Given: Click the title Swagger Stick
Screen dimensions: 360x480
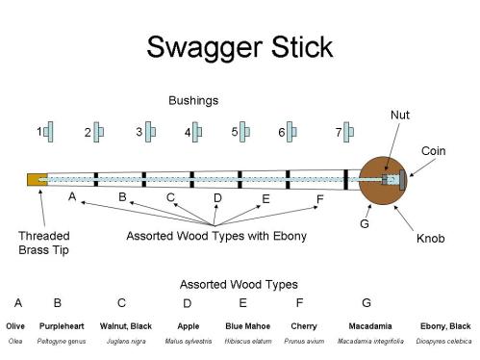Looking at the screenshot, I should tap(240, 47).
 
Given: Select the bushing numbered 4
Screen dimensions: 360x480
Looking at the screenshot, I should tap(198, 132).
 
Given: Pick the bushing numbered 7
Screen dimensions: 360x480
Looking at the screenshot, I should tap(349, 130).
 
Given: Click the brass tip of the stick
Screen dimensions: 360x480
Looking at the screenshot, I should tap(38, 179).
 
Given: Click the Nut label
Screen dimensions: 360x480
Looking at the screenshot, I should tap(400, 115).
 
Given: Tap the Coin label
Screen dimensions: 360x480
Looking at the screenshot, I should tap(434, 151).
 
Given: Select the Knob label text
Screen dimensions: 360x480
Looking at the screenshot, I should tap(432, 238).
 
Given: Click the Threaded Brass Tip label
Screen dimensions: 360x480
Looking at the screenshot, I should tap(43, 242).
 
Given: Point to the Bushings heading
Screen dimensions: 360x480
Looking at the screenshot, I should tap(193, 100).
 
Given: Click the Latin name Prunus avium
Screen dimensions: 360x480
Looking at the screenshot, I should tap(304, 341).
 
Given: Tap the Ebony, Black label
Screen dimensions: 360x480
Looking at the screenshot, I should tap(445, 326).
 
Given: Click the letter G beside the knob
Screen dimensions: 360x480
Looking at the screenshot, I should tap(364, 224).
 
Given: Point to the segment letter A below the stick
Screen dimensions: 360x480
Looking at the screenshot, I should tap(71, 196).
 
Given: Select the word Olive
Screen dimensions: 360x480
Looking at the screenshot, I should tap(15, 326).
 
